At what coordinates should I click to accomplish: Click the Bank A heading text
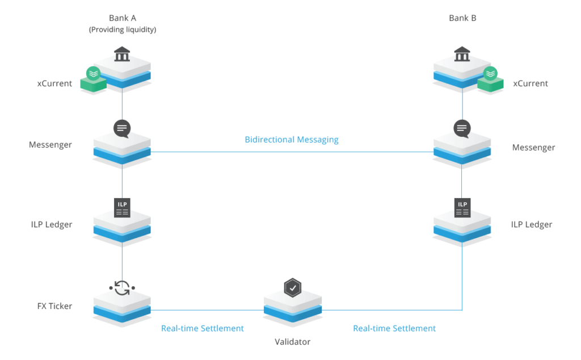(x=123, y=18)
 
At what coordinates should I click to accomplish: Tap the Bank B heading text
(x=462, y=18)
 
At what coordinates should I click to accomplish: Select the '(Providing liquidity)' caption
(x=123, y=30)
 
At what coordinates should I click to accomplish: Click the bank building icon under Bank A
(x=122, y=55)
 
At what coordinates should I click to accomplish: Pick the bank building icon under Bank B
(x=462, y=55)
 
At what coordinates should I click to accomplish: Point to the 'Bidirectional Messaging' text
(x=292, y=140)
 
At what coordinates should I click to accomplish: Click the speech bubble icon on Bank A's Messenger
(x=122, y=128)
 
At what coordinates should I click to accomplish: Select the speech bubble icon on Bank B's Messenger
(x=462, y=128)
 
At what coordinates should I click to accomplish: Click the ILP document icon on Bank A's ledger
(x=122, y=208)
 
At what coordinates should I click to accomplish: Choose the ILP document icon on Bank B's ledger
(x=462, y=208)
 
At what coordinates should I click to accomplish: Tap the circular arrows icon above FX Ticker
(x=122, y=288)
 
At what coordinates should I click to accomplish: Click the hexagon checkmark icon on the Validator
(x=292, y=288)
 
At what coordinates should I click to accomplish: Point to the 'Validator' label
(x=293, y=342)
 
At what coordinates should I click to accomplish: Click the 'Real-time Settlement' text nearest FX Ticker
(x=203, y=328)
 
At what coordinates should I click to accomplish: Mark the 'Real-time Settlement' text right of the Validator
(x=394, y=328)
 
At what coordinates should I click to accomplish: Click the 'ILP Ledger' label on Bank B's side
(x=532, y=224)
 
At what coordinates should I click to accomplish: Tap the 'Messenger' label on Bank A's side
(x=50, y=145)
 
